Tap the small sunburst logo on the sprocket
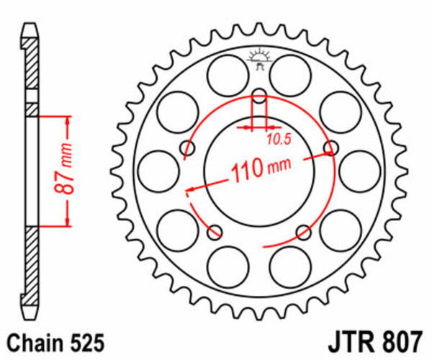259,58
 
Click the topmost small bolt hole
259,94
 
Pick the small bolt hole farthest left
189,149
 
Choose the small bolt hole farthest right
330,148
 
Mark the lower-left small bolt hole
215,232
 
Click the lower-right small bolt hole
304,232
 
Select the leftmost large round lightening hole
158,173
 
